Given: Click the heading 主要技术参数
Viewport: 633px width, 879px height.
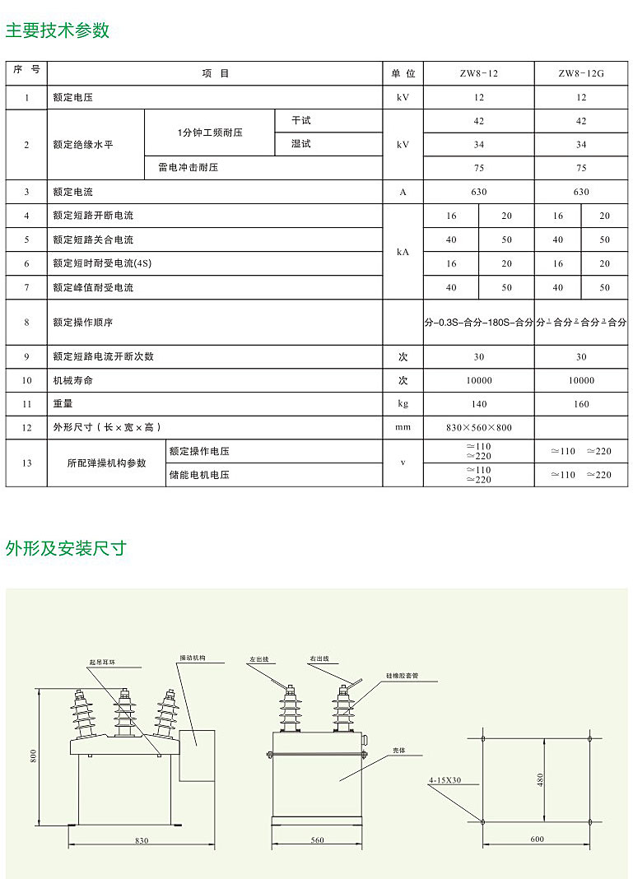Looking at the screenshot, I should (x=58, y=30).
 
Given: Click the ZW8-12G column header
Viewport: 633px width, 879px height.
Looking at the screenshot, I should (x=581, y=73).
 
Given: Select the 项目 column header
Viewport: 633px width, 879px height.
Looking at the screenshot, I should (x=216, y=73).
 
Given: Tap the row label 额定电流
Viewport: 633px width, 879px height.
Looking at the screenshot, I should (x=73, y=192).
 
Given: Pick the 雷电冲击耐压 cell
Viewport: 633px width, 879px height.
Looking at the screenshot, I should (x=189, y=168).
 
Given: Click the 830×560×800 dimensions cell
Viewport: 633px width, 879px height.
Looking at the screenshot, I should (x=478, y=427).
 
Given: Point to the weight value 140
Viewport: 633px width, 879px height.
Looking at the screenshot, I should (x=478, y=403).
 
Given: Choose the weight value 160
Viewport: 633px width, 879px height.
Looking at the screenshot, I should (x=581, y=403).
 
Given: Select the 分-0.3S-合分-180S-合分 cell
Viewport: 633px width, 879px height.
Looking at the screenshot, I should (x=478, y=323).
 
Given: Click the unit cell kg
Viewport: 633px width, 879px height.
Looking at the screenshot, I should (x=403, y=403).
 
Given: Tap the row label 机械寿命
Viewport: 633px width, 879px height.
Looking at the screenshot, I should (x=73, y=380).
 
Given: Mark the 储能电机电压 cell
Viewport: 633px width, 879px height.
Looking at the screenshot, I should (x=199, y=475).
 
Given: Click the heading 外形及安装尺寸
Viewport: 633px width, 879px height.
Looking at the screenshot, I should (x=66, y=548).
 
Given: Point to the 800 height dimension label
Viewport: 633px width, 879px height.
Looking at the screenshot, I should (x=34, y=756).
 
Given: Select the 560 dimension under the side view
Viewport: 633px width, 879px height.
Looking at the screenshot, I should (x=318, y=840).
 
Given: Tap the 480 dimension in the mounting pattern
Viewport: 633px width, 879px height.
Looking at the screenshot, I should (x=540, y=779).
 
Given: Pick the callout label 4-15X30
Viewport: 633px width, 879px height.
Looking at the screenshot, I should (x=444, y=779).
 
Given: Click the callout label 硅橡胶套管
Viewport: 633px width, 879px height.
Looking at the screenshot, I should (x=402, y=675).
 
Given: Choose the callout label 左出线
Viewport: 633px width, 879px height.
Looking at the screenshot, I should (x=260, y=659).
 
